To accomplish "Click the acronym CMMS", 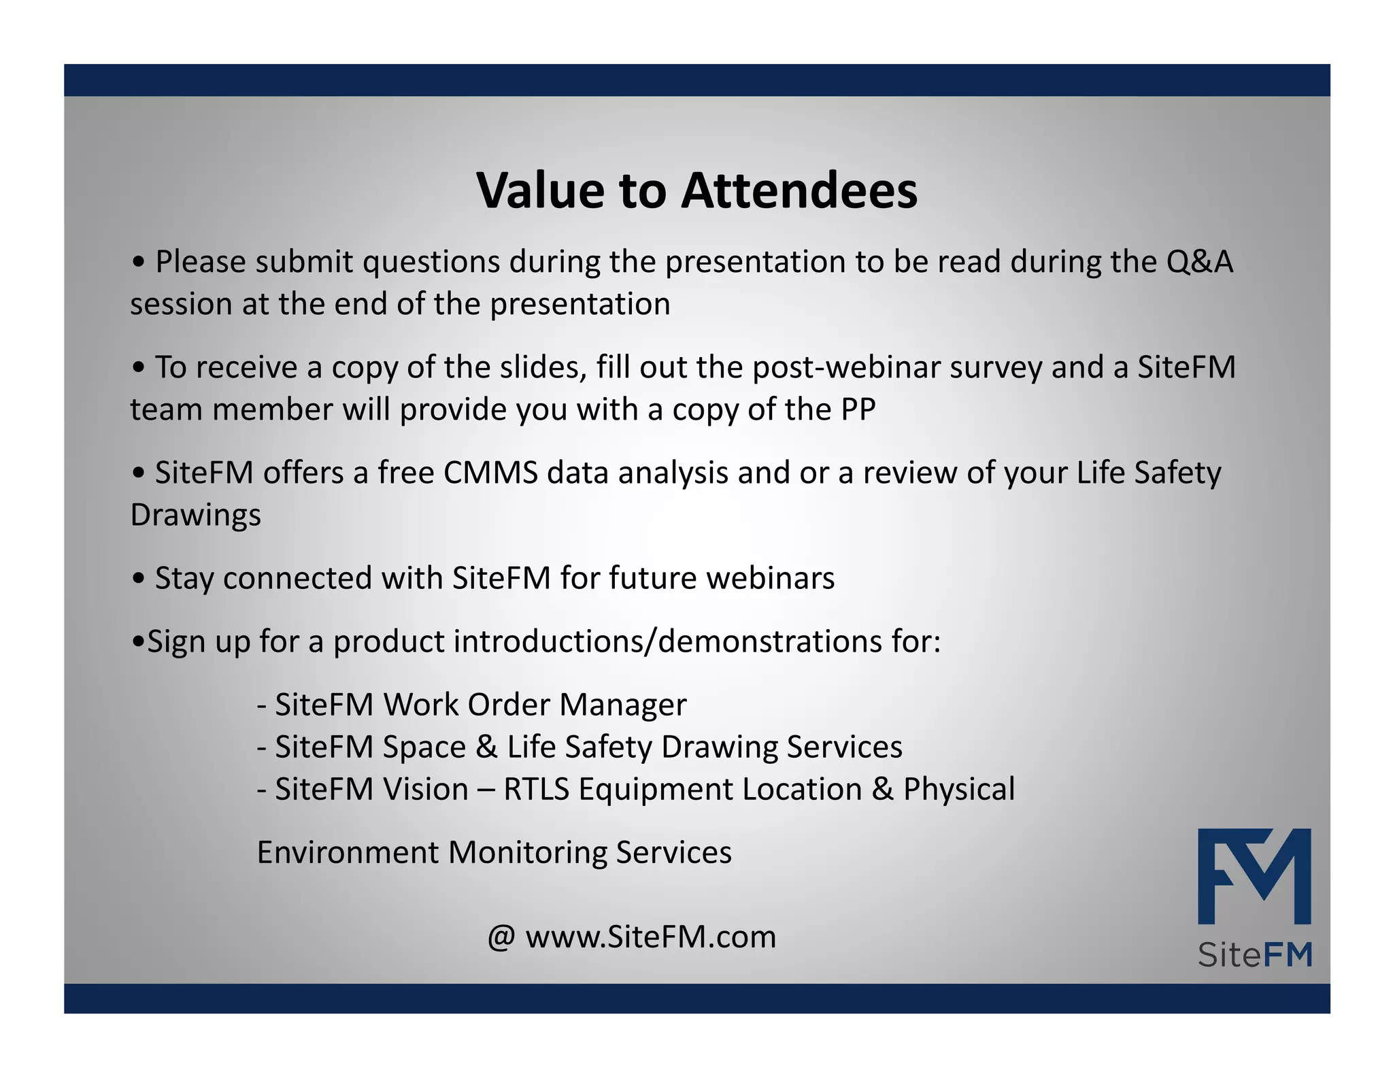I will (490, 473).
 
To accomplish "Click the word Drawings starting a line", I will (195, 515).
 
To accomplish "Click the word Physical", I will (958, 789).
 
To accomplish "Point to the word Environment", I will (348, 852).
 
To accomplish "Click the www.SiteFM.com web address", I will (650, 937).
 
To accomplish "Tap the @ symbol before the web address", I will (501, 937).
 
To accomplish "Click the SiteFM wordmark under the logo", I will (1254, 955).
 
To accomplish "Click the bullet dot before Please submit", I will (139, 263).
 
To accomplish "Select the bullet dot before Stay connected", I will (139, 579).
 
